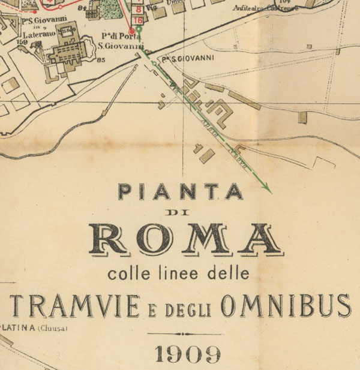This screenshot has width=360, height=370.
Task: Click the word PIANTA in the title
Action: click(180, 192)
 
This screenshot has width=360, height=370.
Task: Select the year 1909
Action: click(187, 354)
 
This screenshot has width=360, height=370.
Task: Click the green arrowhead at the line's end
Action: click(268, 190)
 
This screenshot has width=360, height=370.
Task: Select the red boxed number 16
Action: click(138, 20)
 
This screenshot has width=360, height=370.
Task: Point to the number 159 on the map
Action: click(23, 42)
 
